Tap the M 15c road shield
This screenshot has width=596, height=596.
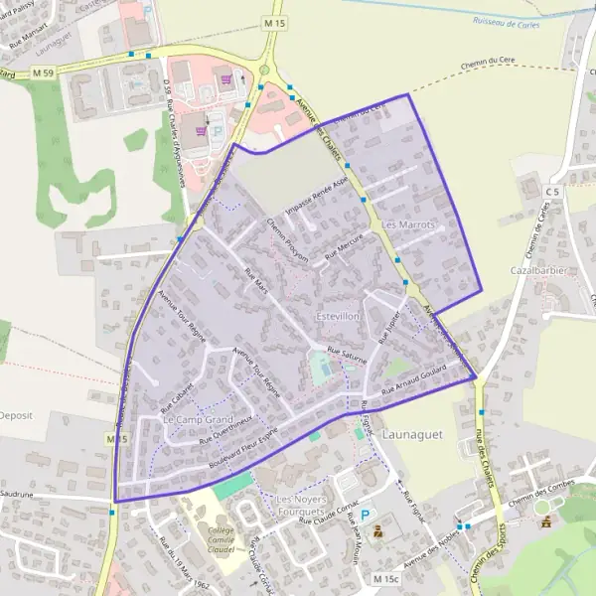385,578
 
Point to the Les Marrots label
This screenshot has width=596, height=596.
408,225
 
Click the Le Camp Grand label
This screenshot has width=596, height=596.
197,420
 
